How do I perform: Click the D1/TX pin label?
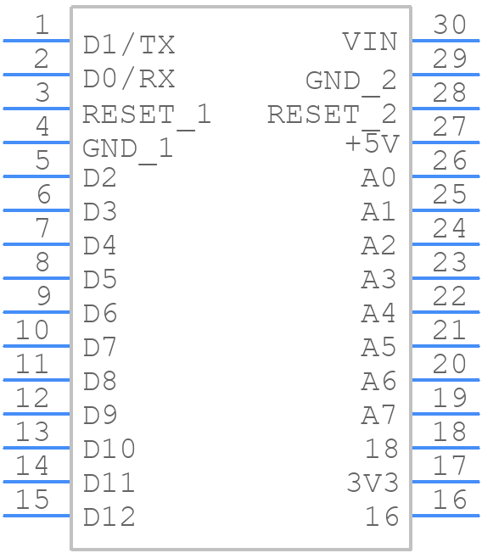click(x=129, y=45)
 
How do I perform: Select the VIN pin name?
click(x=370, y=42)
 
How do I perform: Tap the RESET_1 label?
click(x=146, y=114)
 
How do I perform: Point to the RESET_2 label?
click(x=332, y=114)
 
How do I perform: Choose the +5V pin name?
click(x=371, y=144)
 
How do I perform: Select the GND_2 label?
click(x=350, y=80)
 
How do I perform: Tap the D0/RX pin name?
click(x=129, y=79)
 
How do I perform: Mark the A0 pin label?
click(x=378, y=178)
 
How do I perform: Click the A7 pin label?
click(x=378, y=416)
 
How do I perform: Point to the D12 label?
click(x=109, y=517)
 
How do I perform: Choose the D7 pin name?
click(x=100, y=347)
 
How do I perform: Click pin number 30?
click(x=450, y=25)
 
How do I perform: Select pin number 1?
click(x=42, y=25)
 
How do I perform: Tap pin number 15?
click(x=33, y=500)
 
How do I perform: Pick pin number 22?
click(x=450, y=296)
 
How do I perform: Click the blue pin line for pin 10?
click(x=36, y=345)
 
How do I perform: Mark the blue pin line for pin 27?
click(x=446, y=142)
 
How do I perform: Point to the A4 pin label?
click(x=378, y=313)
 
